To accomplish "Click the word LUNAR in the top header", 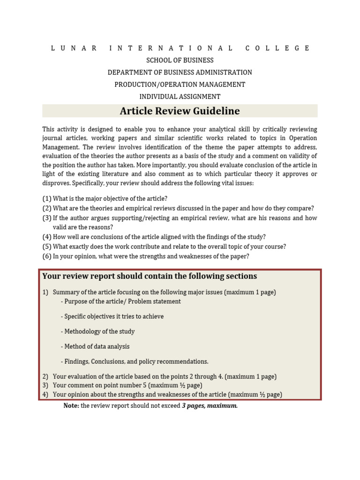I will tap(74, 48).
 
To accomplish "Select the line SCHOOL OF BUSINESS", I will tap(180, 60).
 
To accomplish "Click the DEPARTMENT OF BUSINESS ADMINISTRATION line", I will tap(180, 73).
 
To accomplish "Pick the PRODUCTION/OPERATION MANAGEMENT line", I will tap(180, 85).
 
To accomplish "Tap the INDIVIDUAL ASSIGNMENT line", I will tap(180, 97).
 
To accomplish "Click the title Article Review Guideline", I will tap(180, 111).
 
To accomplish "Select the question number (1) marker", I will tap(47, 199).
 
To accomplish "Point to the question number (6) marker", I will tap(47, 256).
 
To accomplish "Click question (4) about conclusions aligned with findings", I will tap(159, 237).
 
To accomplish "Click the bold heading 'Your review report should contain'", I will tap(150, 276).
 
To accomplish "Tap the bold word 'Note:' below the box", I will tap(71, 406).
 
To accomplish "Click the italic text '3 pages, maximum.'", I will tap(210, 406).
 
